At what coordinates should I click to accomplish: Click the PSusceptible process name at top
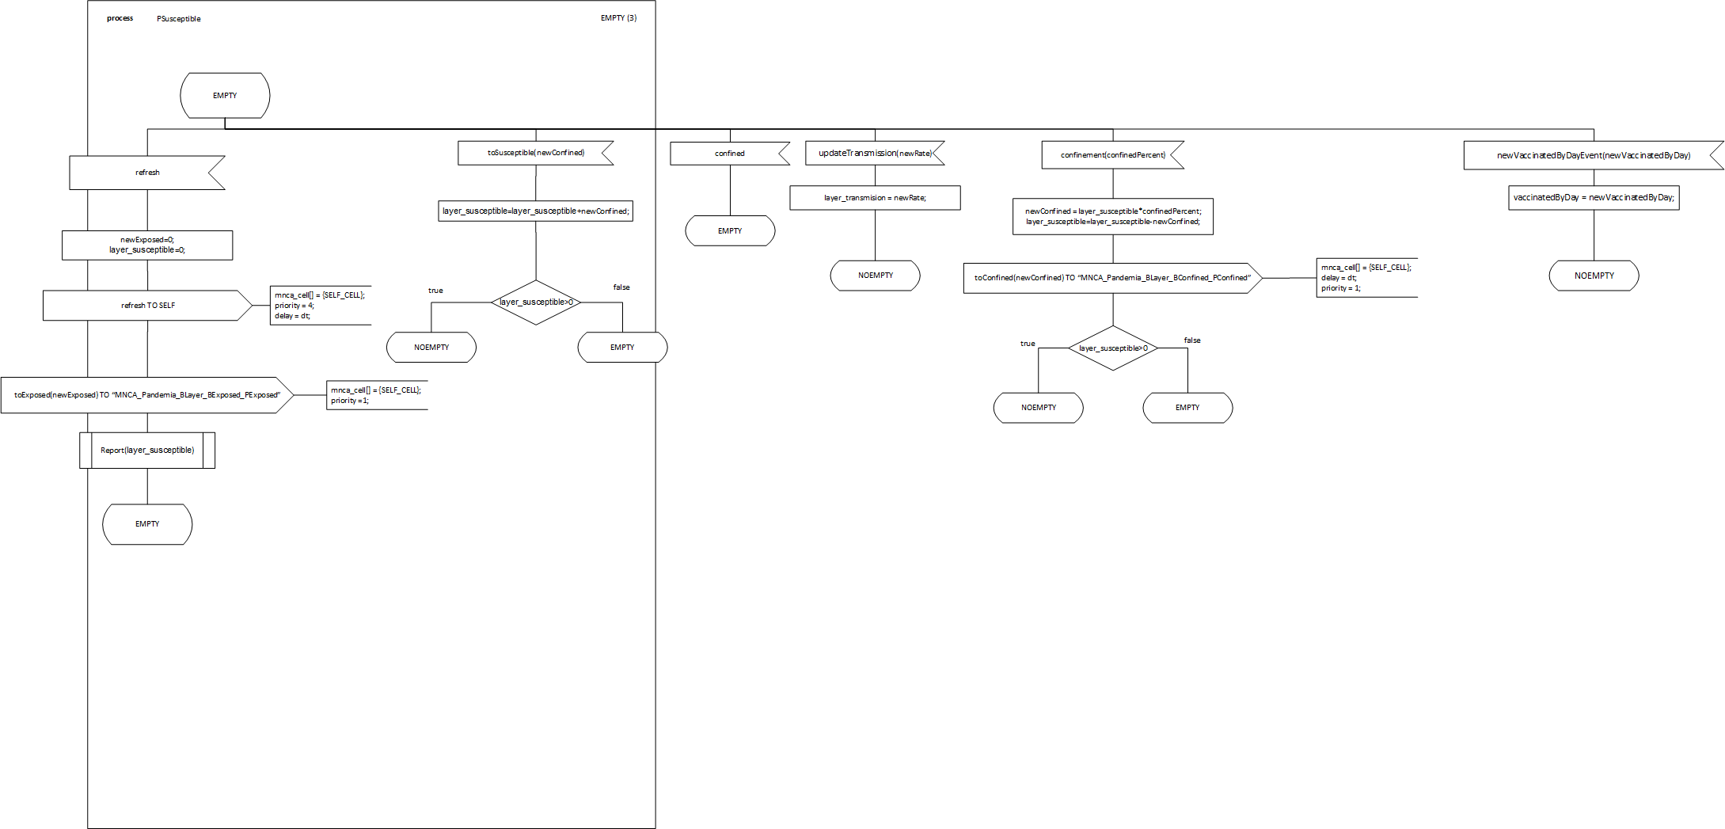(178, 19)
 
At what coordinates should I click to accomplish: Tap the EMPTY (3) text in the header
(618, 18)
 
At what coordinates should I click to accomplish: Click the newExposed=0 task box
(147, 245)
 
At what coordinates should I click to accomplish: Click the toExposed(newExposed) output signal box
(147, 395)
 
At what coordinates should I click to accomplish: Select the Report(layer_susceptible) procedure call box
(147, 451)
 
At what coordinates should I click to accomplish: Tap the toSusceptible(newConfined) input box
(535, 153)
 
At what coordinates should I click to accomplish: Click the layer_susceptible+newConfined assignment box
(535, 211)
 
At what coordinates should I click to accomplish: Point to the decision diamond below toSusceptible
(536, 302)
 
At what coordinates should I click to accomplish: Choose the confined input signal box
(729, 154)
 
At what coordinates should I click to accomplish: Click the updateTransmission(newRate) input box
(875, 153)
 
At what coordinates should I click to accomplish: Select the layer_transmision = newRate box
(875, 198)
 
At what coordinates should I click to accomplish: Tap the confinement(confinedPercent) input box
(1112, 155)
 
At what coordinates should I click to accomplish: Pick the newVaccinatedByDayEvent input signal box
(1593, 156)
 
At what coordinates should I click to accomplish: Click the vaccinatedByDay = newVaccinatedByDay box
(1594, 198)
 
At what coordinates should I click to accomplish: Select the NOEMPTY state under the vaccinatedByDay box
(1594, 276)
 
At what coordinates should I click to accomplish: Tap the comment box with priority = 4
(320, 306)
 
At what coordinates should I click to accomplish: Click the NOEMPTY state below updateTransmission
(875, 276)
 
